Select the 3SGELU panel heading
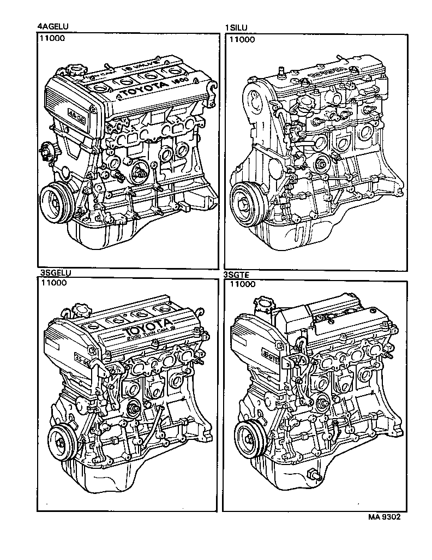pos(56,273)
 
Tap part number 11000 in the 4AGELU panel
pos(52,39)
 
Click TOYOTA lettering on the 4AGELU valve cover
pos(141,89)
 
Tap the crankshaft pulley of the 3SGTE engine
pos(250,438)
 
